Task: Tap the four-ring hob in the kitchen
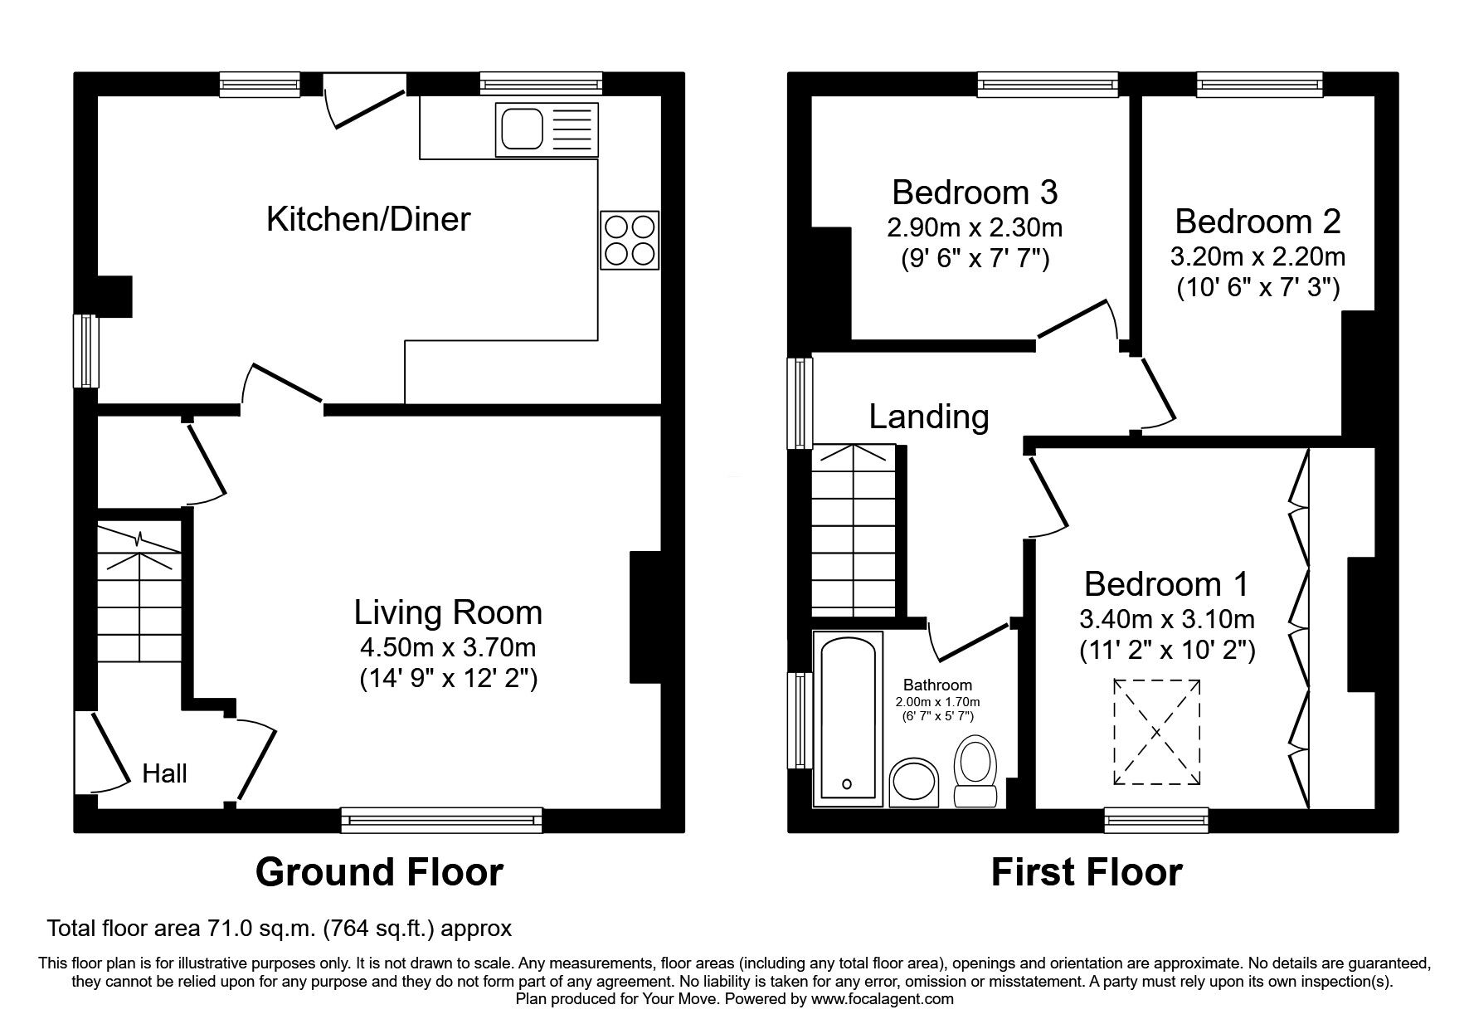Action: (x=630, y=241)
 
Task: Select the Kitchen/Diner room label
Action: (x=368, y=219)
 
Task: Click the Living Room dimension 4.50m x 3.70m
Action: (x=448, y=646)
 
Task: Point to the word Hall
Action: (x=164, y=773)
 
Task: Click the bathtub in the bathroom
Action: (x=847, y=718)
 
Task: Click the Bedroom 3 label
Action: (x=975, y=193)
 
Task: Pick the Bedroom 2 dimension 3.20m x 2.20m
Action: (x=1257, y=256)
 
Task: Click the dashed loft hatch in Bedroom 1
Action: (x=1156, y=732)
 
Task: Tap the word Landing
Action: (x=929, y=417)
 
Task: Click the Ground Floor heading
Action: (x=379, y=872)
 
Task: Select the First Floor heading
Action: (x=1087, y=872)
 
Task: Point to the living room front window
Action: (x=441, y=821)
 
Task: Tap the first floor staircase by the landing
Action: (x=854, y=531)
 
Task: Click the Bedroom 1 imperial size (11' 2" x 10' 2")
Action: (x=1167, y=651)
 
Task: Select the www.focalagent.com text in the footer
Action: (x=882, y=999)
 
